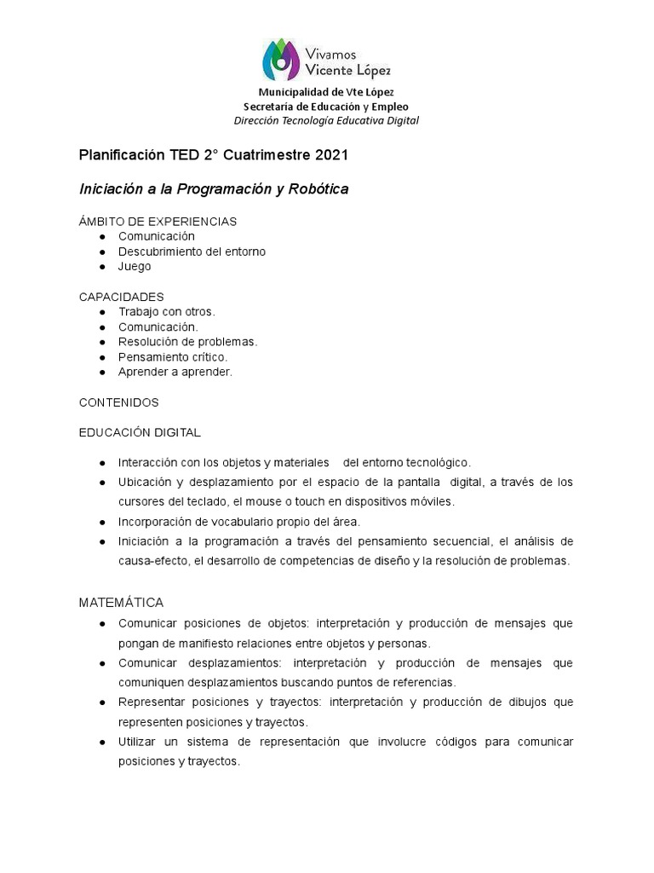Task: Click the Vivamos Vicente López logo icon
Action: coord(282,59)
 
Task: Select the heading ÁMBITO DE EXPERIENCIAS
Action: coord(158,222)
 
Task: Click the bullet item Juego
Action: coord(135,266)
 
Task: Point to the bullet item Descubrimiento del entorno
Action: coord(192,251)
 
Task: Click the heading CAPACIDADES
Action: coord(121,297)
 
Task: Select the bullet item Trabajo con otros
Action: coord(167,312)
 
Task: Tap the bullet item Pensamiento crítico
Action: coord(173,357)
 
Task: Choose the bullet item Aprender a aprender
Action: coord(175,372)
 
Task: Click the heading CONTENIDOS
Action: coord(118,402)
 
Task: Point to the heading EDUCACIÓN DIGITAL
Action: coord(140,432)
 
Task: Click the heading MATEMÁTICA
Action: coord(121,603)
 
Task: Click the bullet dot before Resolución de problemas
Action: coord(102,342)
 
